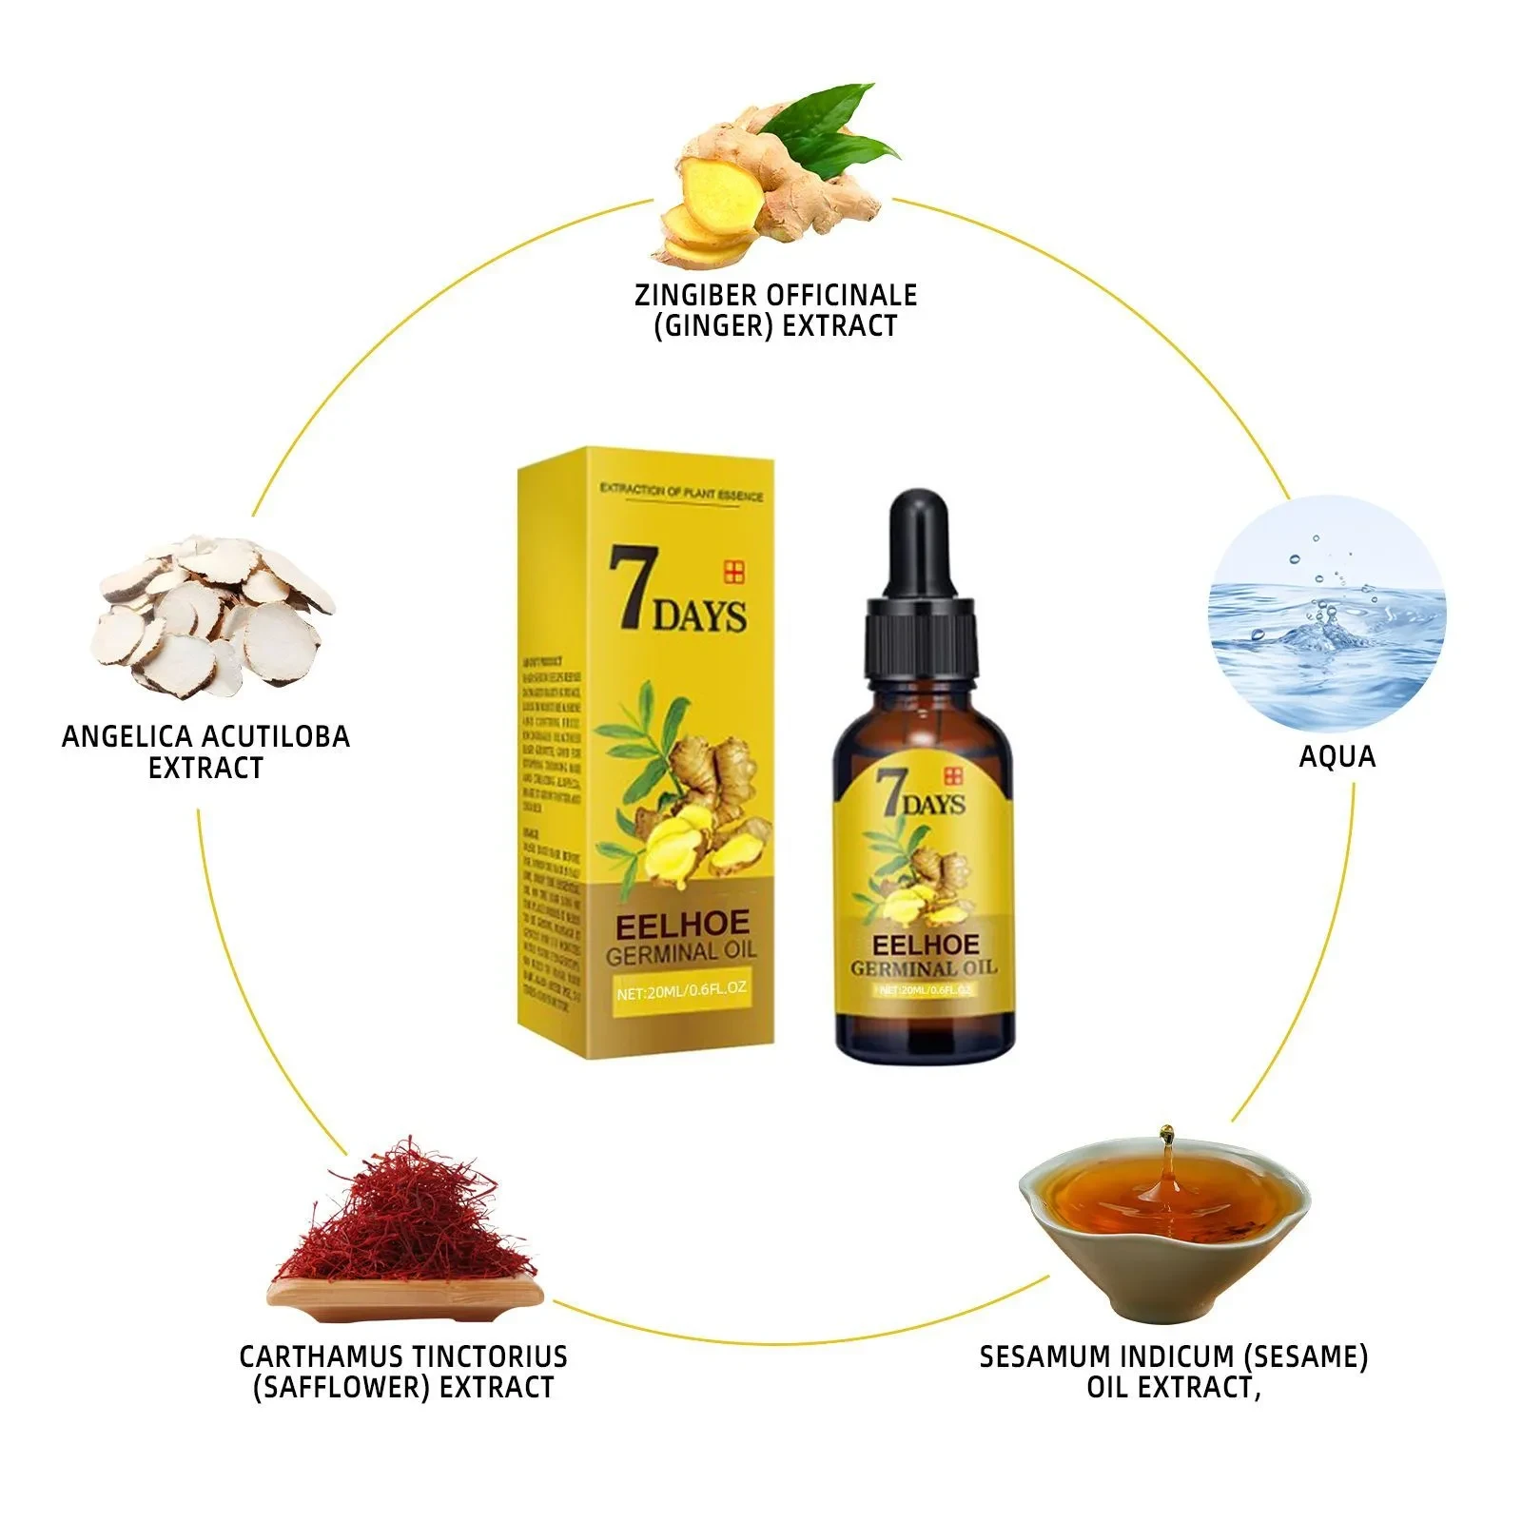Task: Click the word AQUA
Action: pyautogui.click(x=1337, y=757)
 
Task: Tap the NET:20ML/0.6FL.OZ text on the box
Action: pyautogui.click(x=681, y=989)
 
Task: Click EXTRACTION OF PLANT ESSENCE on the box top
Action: pyautogui.click(x=681, y=492)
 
